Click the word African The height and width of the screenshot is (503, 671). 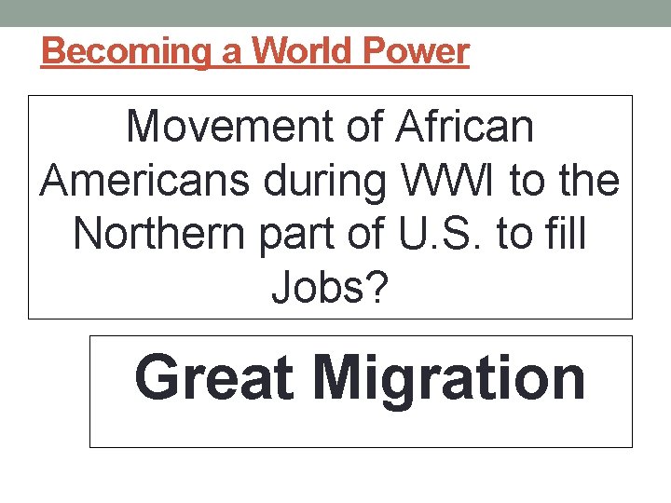point(464,128)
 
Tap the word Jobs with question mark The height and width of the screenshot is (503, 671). point(330,290)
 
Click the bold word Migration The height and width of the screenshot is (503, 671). point(449,379)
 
